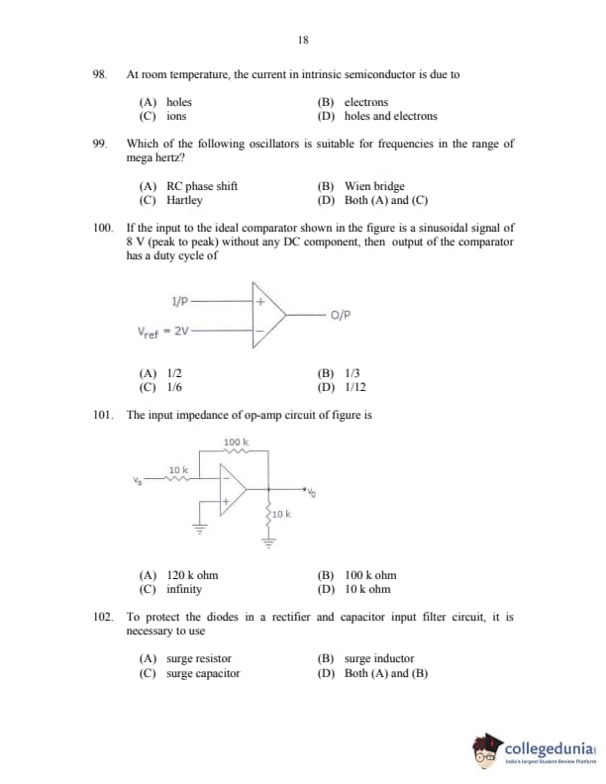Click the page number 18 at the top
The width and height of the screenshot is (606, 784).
coord(303,41)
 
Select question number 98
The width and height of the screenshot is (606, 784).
coord(98,74)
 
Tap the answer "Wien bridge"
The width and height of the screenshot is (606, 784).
coord(374,186)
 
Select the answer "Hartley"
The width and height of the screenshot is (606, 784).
coord(184,200)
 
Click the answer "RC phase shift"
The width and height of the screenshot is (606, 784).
coord(201,186)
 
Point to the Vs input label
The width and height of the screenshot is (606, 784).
coord(137,482)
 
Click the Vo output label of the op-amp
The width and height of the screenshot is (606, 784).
coord(311,493)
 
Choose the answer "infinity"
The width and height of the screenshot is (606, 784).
coord(184,589)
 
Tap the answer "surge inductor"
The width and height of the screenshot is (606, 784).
coord(378,658)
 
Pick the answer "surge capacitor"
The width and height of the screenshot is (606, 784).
coord(202,674)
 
